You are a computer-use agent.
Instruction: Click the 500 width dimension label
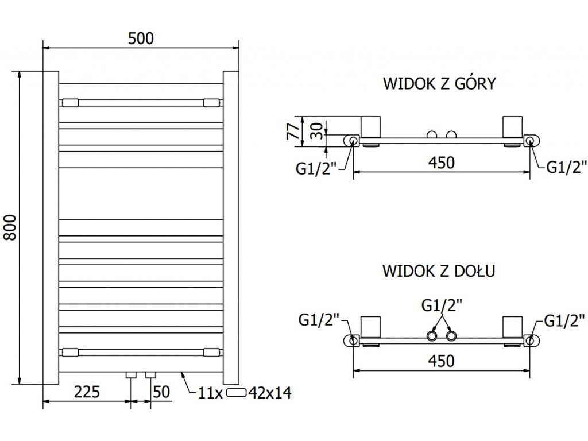[141, 38]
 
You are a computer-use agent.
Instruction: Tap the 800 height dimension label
[10, 227]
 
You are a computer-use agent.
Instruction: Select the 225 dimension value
[87, 392]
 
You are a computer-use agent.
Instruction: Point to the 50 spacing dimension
[161, 392]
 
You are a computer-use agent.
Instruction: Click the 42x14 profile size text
[270, 393]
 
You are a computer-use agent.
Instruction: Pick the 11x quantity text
[210, 393]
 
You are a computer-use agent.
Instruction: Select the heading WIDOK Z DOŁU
[439, 270]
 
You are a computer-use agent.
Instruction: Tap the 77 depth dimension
[293, 131]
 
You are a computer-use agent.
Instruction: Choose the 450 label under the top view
[442, 163]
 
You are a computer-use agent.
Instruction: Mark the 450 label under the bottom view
[442, 361]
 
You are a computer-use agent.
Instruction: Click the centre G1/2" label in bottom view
[442, 305]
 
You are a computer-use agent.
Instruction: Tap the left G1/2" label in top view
[316, 169]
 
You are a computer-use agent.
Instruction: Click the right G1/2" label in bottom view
[564, 320]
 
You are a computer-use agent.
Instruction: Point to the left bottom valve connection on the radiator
[131, 375]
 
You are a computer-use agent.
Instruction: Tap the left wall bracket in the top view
[370, 127]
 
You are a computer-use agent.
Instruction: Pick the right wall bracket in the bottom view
[512, 327]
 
